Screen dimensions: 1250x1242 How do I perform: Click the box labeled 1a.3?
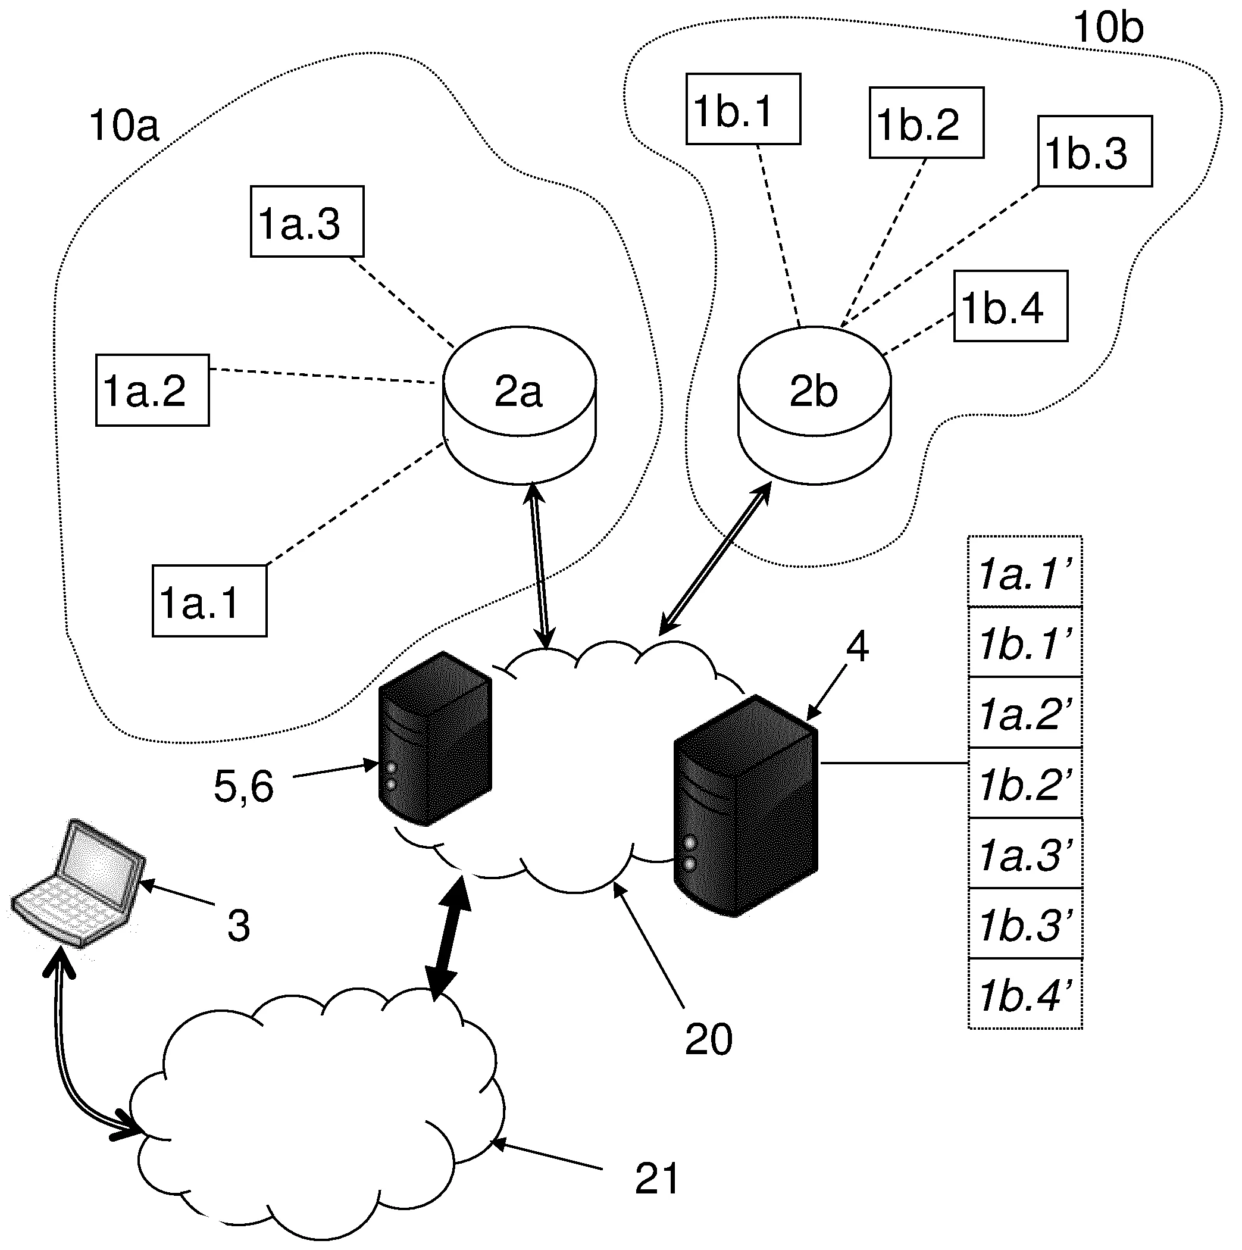307,222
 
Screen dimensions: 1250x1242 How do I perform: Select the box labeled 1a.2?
153,390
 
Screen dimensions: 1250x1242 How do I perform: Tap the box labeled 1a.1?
209,601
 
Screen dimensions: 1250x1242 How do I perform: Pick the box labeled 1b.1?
743,109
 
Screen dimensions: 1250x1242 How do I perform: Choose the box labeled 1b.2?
927,123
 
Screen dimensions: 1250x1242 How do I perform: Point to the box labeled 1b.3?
1094,152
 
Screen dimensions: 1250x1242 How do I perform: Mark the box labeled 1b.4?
1011,306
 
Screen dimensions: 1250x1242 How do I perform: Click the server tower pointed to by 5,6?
434,739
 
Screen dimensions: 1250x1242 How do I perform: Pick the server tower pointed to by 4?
746,806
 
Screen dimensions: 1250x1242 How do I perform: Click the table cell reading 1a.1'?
1025,573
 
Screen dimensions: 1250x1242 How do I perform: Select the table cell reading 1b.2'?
1025,783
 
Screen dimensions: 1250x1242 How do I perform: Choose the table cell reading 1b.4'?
1025,994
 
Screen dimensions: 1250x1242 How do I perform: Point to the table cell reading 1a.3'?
1025,854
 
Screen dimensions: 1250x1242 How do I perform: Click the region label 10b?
1108,28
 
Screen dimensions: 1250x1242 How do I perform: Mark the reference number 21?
656,1178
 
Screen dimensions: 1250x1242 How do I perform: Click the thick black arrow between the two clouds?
449,937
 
